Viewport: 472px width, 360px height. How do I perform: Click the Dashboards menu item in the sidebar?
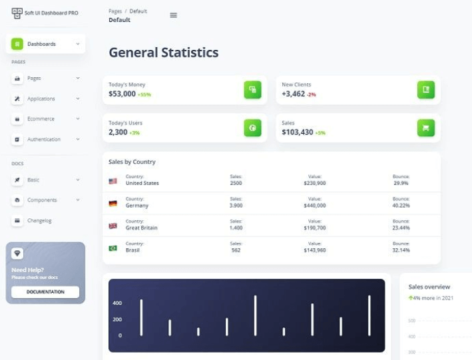41,44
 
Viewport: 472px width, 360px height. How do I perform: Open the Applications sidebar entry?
41,98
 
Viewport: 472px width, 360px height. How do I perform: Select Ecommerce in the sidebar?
41,119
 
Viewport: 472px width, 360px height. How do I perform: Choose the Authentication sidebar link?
43,140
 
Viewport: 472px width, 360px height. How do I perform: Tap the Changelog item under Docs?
39,220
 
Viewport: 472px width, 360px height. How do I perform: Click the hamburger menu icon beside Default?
174,15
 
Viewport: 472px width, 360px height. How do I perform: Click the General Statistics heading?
163,53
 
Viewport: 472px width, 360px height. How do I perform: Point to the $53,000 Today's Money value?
122,94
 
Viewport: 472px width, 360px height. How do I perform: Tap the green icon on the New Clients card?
425,90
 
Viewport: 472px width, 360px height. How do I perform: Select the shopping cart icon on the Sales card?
425,128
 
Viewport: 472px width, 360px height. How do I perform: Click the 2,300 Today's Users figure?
118,132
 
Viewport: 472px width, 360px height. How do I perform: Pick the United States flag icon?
113,181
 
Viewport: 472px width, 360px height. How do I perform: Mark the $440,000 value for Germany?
314,206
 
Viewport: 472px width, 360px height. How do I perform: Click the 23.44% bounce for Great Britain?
401,228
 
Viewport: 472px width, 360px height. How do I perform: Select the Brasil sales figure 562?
236,250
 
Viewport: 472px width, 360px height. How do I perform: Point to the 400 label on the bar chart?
117,303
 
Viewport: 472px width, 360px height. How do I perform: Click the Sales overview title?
429,287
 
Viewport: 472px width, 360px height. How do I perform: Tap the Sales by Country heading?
132,162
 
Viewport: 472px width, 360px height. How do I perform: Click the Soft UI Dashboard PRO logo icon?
17,13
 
